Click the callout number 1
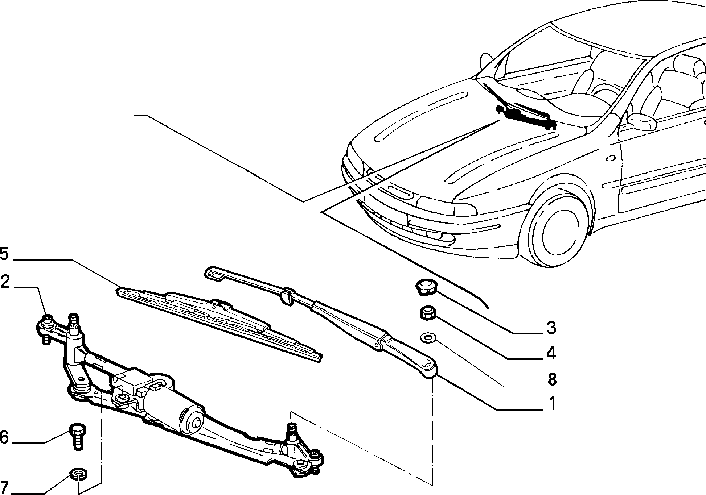point(552,403)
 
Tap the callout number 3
point(551,328)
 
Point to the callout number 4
point(551,353)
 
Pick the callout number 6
point(4,437)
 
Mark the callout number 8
point(551,379)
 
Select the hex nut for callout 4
point(427,313)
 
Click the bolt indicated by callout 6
point(77,436)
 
